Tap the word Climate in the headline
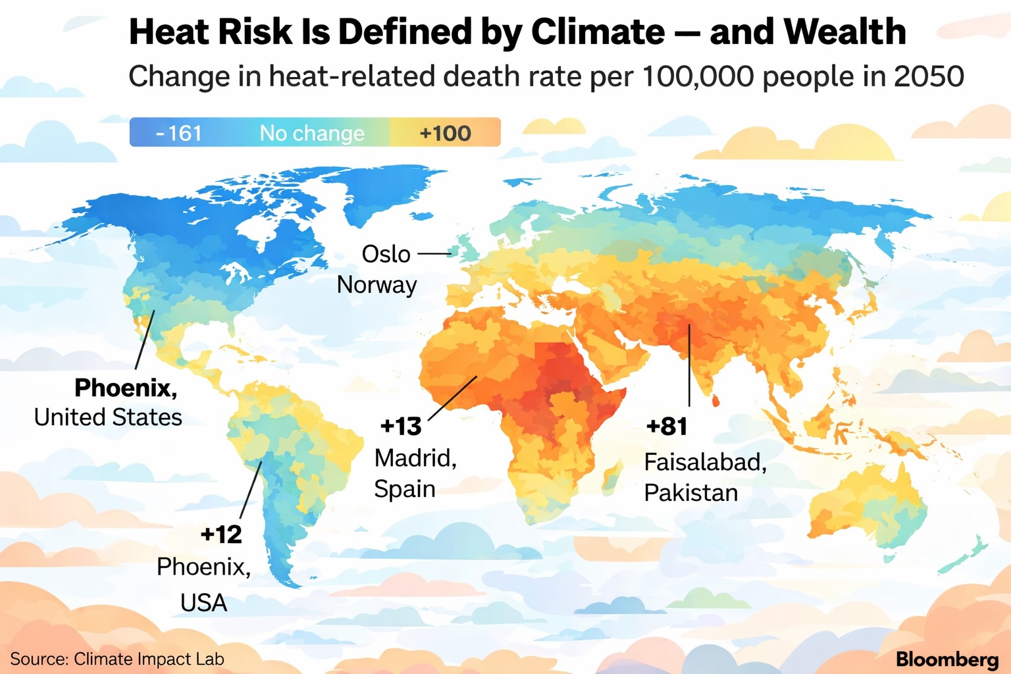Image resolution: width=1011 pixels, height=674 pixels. pos(598,32)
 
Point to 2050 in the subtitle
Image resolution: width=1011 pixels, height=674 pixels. pos(929,76)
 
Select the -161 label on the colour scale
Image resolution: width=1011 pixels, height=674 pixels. pos(179,133)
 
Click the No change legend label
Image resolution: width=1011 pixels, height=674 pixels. pos(312,133)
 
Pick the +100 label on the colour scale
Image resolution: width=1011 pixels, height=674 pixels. pos(446,133)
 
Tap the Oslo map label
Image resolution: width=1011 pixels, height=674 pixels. pos(386,254)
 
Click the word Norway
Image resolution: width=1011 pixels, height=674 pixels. pos(376,285)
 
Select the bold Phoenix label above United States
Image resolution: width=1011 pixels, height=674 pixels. pos(126,388)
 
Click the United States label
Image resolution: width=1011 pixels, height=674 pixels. pos(108,417)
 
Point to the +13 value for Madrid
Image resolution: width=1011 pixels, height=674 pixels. pos(401,427)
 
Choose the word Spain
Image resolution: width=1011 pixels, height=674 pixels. pos(405,489)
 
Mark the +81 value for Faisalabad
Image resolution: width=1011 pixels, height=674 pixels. pos(667,427)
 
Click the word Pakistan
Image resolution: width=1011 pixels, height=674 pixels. pos(690,492)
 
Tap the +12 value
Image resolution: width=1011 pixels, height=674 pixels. pos(221,534)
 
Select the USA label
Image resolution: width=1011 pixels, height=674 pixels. pos(203,602)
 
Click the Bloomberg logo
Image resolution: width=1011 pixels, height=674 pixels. pos(947,659)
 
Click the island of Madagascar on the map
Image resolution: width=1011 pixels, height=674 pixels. pos(613,475)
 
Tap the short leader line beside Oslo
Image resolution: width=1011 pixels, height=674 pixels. pos(434,253)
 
